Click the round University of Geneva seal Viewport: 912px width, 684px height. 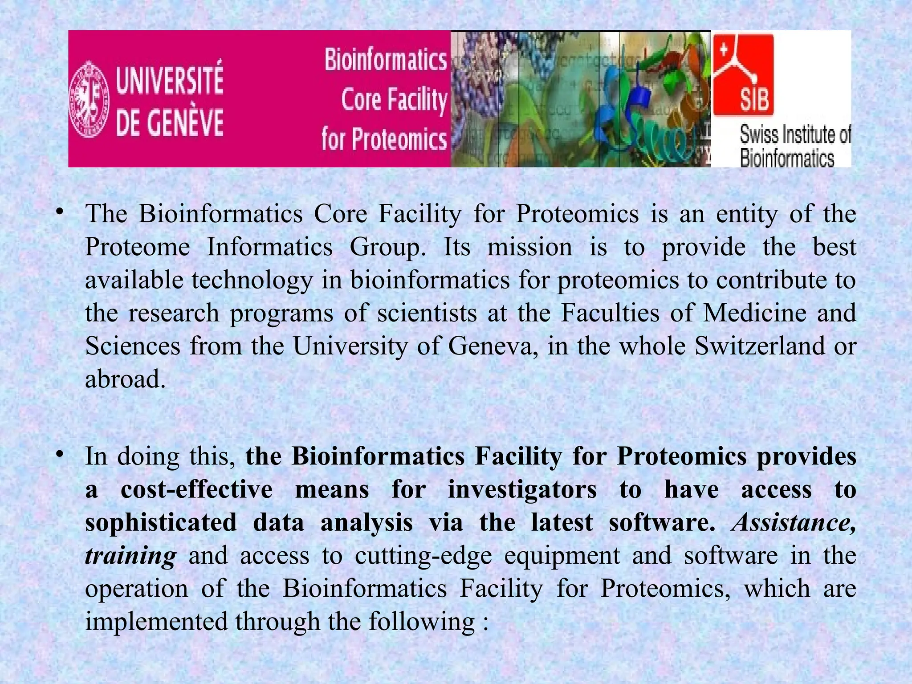89,99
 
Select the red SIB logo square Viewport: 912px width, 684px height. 743,75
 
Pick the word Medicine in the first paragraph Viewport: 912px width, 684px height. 755,313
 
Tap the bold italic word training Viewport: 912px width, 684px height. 130,556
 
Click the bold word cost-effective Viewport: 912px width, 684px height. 196,489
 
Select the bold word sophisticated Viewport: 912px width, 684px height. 161,522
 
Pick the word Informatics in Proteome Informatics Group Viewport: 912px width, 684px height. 269,247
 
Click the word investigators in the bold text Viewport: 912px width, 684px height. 522,489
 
